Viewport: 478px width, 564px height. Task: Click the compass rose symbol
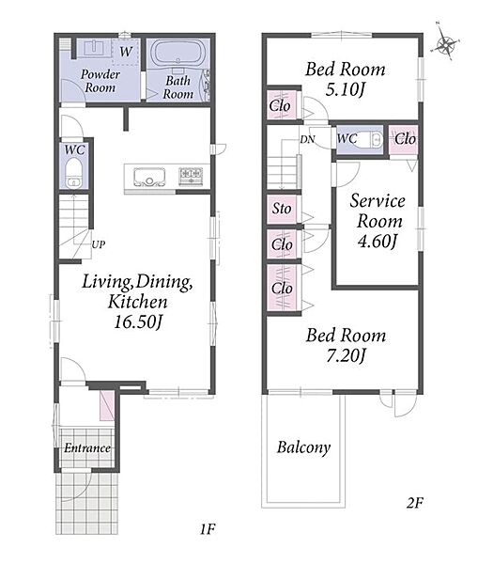[446, 45]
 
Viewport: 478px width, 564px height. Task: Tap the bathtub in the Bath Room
[177, 54]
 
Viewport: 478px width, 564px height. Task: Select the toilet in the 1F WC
[74, 173]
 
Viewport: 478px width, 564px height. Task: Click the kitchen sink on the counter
[149, 177]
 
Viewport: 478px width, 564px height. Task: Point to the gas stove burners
[191, 177]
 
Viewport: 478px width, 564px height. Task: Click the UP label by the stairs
[98, 244]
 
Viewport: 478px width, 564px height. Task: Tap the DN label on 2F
[308, 139]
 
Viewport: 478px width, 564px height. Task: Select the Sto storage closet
[282, 209]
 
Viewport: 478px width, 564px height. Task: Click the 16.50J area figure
[139, 321]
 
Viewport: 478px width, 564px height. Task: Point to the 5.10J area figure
[345, 89]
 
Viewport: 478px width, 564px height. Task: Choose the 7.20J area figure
[346, 355]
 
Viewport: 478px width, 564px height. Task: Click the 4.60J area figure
[378, 241]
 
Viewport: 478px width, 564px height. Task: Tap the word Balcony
[303, 447]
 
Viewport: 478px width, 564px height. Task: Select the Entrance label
[87, 448]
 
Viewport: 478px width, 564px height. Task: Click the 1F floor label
[208, 529]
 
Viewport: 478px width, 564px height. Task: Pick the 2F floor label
[415, 503]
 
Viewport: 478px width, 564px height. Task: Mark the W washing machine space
[126, 52]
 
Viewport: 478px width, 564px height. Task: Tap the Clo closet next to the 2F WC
[404, 139]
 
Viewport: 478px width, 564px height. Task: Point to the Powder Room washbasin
[94, 48]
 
